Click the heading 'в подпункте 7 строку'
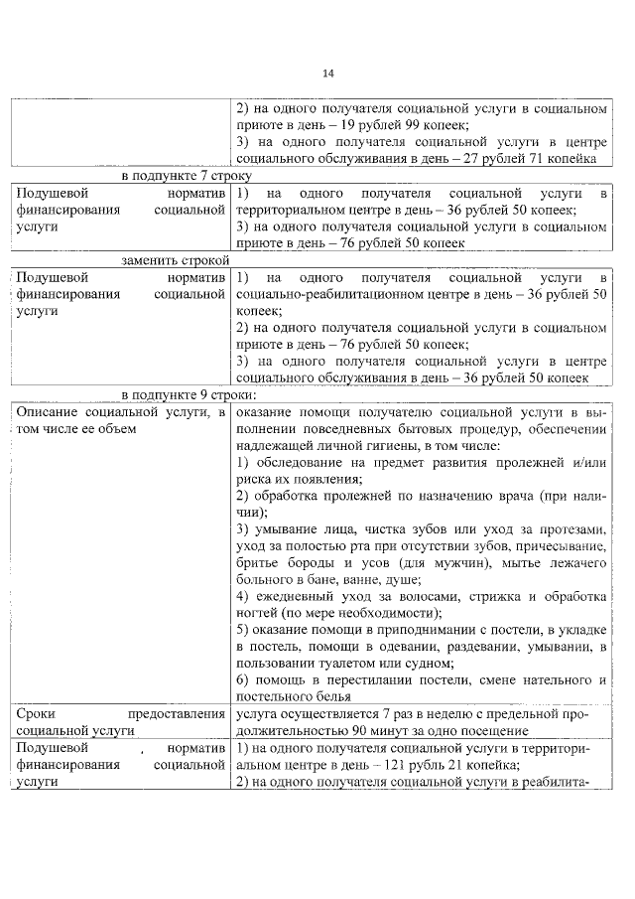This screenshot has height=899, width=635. [175, 175]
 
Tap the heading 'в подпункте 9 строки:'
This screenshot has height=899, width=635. [175, 394]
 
